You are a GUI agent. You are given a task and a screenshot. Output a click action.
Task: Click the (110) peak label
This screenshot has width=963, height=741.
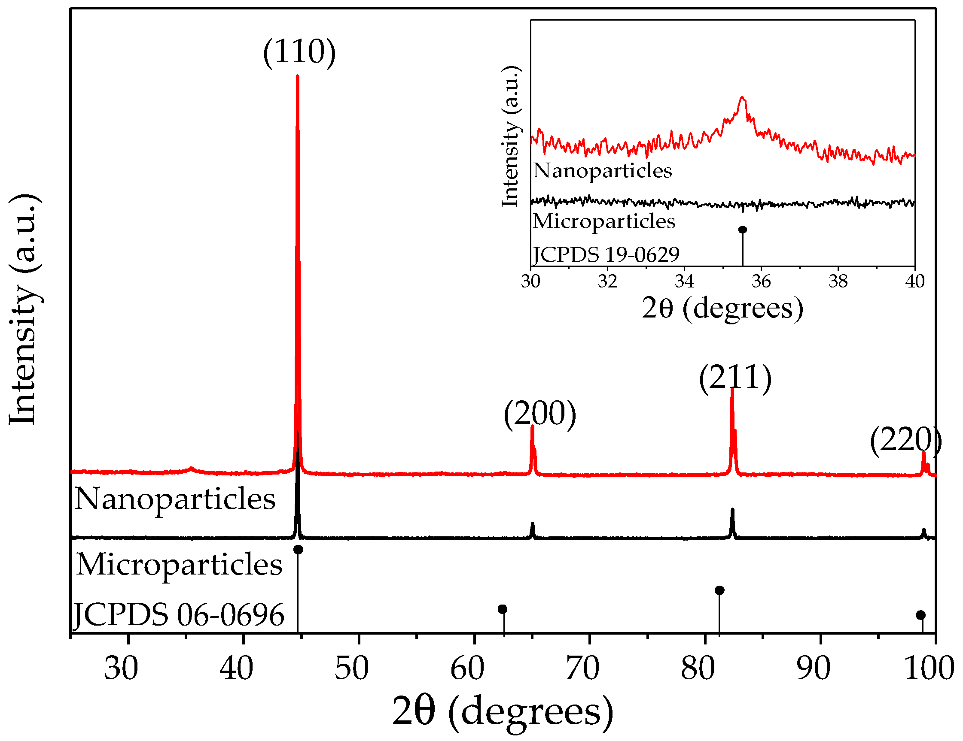[299, 52]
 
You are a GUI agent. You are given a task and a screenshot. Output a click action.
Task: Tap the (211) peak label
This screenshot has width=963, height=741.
[735, 377]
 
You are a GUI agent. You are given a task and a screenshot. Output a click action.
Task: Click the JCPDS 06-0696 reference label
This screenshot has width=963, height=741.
[178, 614]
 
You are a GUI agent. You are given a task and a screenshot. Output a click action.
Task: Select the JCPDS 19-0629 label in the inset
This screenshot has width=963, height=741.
[606, 254]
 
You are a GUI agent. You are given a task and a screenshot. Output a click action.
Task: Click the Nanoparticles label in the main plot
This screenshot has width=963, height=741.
[175, 499]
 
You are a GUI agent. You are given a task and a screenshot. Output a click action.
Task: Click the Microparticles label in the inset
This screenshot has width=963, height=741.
[603, 221]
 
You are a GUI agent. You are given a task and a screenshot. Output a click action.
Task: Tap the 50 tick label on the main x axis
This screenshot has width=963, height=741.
[351, 669]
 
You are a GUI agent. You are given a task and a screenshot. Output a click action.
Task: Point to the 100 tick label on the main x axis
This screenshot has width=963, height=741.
[929, 669]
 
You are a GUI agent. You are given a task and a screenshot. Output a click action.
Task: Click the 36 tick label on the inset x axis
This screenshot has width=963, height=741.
[761, 281]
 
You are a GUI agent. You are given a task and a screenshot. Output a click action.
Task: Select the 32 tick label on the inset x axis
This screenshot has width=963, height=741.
[607, 281]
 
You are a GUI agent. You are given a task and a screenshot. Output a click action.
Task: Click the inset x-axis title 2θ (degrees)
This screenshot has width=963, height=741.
[722, 308]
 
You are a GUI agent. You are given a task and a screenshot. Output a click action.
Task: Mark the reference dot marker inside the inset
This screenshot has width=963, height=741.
[743, 230]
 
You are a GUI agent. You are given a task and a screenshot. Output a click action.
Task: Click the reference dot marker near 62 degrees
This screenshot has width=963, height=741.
[502, 609]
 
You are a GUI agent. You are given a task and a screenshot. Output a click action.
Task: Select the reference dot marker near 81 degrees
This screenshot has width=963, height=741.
[719, 590]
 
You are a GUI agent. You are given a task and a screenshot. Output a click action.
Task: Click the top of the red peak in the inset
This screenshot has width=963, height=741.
[743, 97]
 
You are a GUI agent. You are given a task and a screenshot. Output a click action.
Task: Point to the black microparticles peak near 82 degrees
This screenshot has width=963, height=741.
[732, 511]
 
